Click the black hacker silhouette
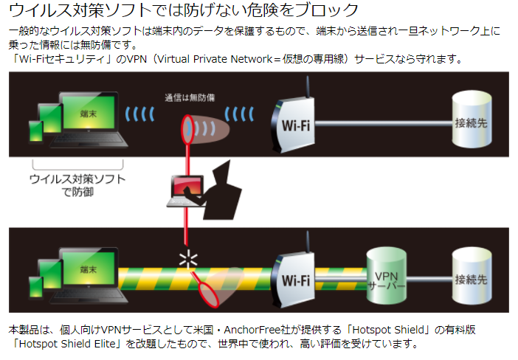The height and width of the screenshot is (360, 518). coord(218,190)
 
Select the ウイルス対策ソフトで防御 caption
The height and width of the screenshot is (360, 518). coord(77,185)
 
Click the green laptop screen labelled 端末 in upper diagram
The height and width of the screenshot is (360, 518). coord(88,114)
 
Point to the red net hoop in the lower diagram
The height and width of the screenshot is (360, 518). coord(211,292)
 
